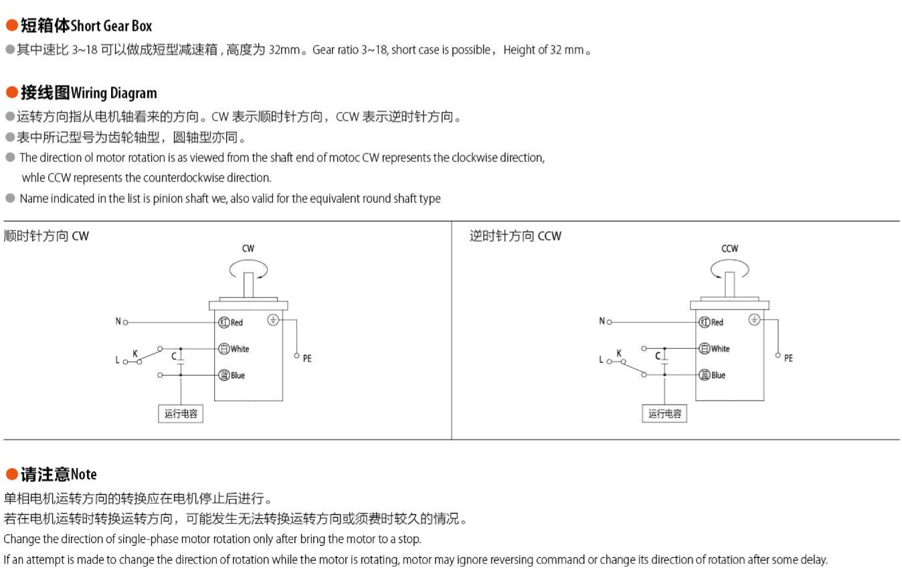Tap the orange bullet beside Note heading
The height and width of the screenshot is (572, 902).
11,474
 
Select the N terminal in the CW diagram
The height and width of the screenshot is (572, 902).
125,322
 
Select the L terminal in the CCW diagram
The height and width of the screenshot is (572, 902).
609,361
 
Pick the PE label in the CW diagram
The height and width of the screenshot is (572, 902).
307,359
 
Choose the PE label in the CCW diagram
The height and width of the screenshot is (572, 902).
788,358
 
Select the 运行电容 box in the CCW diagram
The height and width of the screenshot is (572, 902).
664,414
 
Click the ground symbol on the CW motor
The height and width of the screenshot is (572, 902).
273,320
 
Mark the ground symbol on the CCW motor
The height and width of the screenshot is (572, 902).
754,320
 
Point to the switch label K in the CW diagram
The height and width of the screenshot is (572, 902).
135,354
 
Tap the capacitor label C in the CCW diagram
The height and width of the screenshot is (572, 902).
658,356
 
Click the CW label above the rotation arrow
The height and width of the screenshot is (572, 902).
248,248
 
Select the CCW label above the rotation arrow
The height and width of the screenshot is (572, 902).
729,248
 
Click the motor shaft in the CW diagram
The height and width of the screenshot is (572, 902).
248,285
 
